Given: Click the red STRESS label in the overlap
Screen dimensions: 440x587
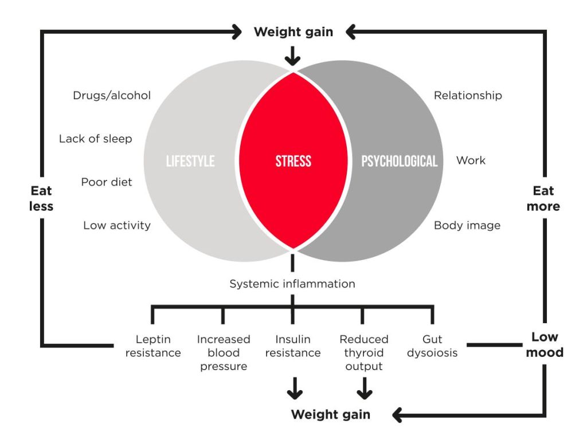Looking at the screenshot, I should [x=293, y=161].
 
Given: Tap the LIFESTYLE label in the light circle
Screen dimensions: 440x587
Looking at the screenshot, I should [x=190, y=161].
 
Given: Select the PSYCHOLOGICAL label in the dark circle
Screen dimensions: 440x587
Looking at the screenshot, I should [x=399, y=161].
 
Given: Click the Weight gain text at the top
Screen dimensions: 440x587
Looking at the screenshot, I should [x=293, y=32].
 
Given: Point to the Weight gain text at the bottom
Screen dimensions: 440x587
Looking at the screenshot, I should [x=330, y=414].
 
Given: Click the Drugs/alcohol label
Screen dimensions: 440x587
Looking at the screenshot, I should [x=112, y=96].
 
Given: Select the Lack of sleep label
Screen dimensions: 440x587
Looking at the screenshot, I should [x=95, y=139].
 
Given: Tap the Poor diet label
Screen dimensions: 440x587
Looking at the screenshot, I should [x=107, y=182].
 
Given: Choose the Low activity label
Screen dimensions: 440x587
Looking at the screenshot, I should [x=117, y=225].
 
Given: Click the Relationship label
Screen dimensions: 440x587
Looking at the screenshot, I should [x=468, y=96].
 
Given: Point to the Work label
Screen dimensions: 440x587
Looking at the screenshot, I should [x=471, y=160].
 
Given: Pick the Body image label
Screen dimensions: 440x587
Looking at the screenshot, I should [x=467, y=225].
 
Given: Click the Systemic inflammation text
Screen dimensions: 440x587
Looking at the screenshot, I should [x=292, y=284].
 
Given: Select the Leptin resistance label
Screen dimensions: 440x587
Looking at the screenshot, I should [x=153, y=346].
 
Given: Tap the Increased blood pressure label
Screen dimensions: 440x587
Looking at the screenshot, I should [x=223, y=352].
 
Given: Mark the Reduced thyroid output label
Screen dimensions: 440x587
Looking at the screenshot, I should [x=363, y=352].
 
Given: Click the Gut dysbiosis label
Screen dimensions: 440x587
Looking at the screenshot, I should [x=432, y=346].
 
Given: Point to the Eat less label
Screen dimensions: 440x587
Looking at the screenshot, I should [x=42, y=198].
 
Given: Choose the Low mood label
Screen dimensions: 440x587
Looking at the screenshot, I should [x=544, y=344].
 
